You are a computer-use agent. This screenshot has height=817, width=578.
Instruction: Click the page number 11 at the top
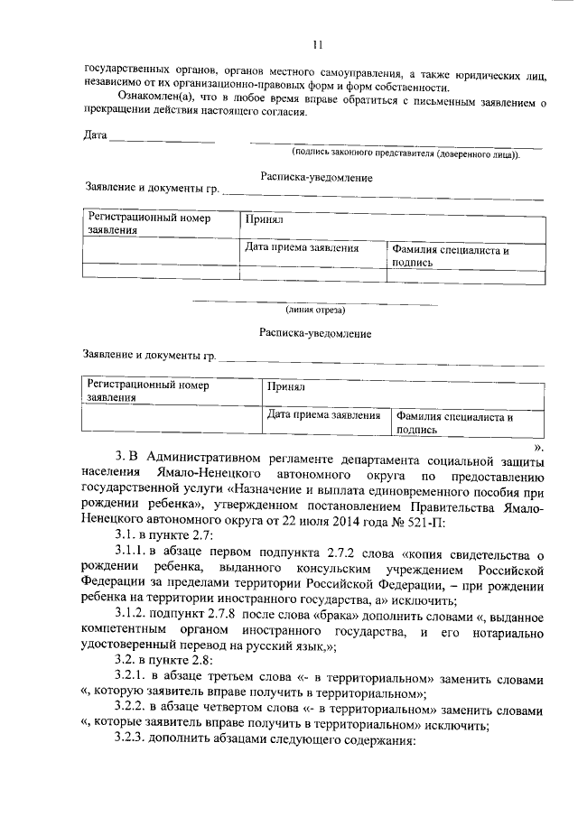point(317,43)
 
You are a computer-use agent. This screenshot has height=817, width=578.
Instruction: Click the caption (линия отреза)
point(315,310)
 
